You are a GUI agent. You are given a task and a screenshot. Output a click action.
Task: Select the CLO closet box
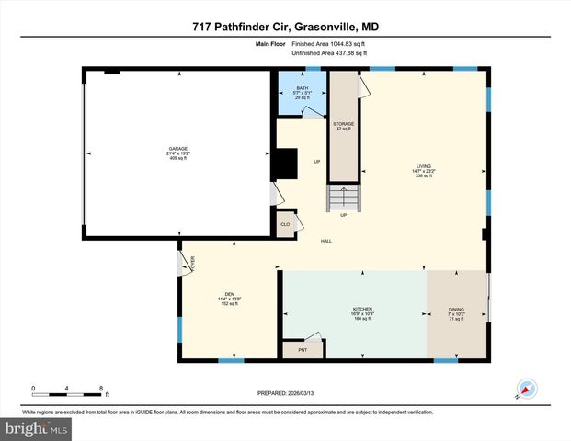(284, 224)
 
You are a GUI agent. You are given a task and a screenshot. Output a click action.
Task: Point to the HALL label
(325, 242)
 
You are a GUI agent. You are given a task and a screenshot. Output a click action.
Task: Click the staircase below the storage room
(343, 198)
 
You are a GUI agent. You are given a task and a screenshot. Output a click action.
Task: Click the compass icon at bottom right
(526, 389)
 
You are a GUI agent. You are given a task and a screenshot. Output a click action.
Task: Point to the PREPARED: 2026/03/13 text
(284, 393)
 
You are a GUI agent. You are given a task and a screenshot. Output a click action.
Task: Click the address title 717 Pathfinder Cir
(284, 27)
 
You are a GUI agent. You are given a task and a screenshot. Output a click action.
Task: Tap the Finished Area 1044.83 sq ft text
(329, 43)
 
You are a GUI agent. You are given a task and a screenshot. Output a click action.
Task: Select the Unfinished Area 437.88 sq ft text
(329, 53)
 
